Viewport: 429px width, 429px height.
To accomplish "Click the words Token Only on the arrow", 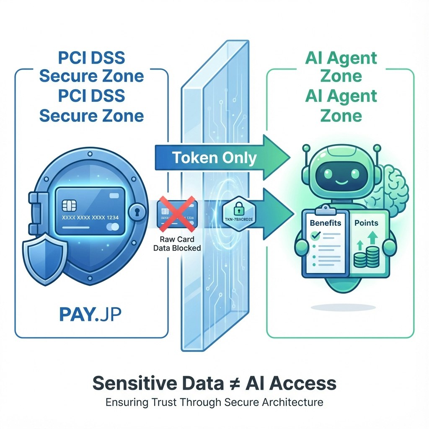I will click(214, 158).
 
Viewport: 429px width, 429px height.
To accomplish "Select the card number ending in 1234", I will click(90, 218).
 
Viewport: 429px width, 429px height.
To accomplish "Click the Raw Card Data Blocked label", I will click(180, 244).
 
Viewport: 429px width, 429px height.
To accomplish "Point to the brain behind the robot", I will click(392, 189).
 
